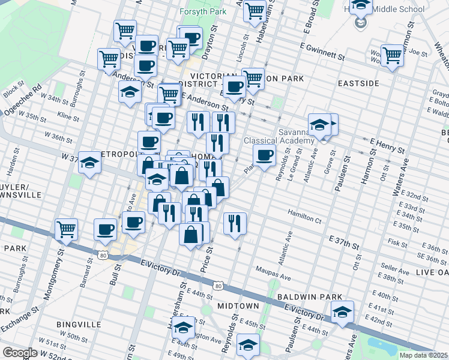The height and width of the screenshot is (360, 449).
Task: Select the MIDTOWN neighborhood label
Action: coord(238,306)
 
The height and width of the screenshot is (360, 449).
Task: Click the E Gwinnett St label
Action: coord(318,54)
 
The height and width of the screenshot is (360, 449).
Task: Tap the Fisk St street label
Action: coord(397,243)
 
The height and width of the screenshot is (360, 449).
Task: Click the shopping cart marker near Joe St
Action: coord(392,56)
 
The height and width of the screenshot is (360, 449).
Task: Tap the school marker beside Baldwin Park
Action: coord(342,312)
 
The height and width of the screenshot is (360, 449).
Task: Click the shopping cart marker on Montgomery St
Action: coord(66,229)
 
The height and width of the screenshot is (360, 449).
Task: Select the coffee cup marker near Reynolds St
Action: coord(264,156)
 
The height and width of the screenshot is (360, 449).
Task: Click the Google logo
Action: coord(19,353)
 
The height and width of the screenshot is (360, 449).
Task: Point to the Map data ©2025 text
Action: coord(423,355)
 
